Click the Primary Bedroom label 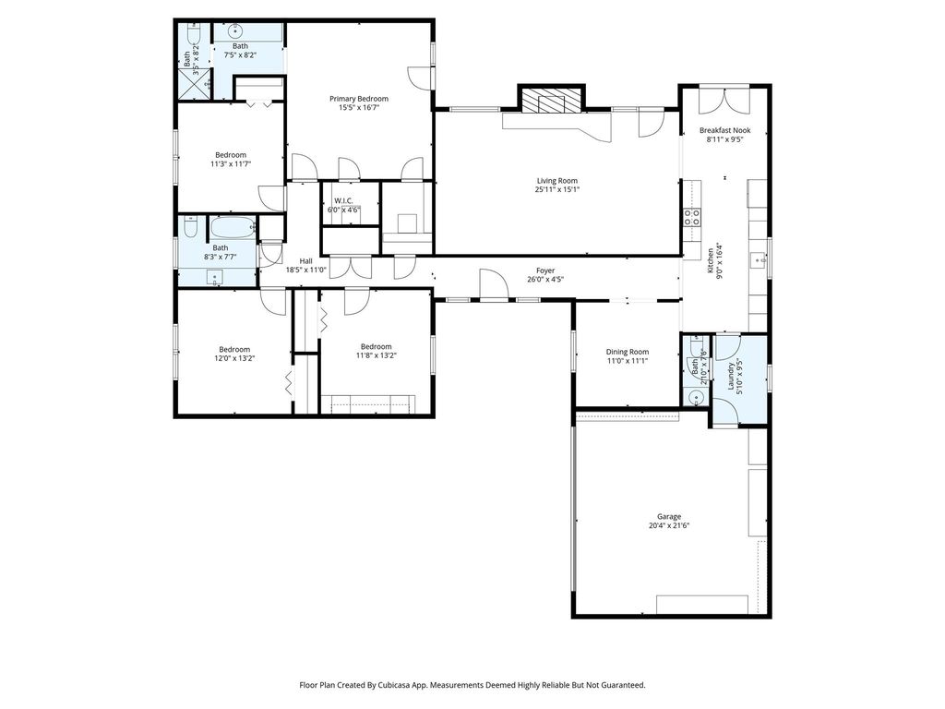(x=359, y=99)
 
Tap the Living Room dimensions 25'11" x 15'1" (x=556, y=190)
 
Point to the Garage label (x=669, y=517)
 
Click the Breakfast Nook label (x=724, y=130)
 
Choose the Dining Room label (x=628, y=352)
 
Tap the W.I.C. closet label (x=343, y=200)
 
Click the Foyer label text (x=545, y=271)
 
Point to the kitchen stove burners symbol (x=692, y=216)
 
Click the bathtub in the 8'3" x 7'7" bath (x=233, y=227)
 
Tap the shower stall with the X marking (x=197, y=83)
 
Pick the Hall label (x=306, y=261)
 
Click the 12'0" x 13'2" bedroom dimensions (x=234, y=358)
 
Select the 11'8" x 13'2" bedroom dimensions (x=377, y=355)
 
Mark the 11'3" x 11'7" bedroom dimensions (x=231, y=163)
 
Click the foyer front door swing (x=493, y=283)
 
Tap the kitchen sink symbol (x=757, y=260)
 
